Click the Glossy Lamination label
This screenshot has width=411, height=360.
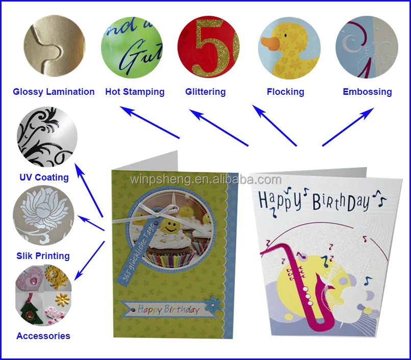[x=54, y=92]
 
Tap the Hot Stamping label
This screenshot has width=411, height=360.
[x=135, y=92]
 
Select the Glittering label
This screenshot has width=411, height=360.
[x=205, y=92]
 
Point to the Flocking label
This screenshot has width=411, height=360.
[x=285, y=92]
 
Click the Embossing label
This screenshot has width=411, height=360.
[x=367, y=92]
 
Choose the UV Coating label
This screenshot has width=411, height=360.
[x=44, y=177]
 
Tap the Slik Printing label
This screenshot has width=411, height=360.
[x=43, y=256]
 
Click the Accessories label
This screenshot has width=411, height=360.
[x=43, y=336]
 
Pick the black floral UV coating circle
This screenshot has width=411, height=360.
[x=47, y=137]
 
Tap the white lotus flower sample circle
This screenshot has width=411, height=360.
[x=44, y=216]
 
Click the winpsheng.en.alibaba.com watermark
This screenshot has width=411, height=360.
[x=205, y=180]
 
